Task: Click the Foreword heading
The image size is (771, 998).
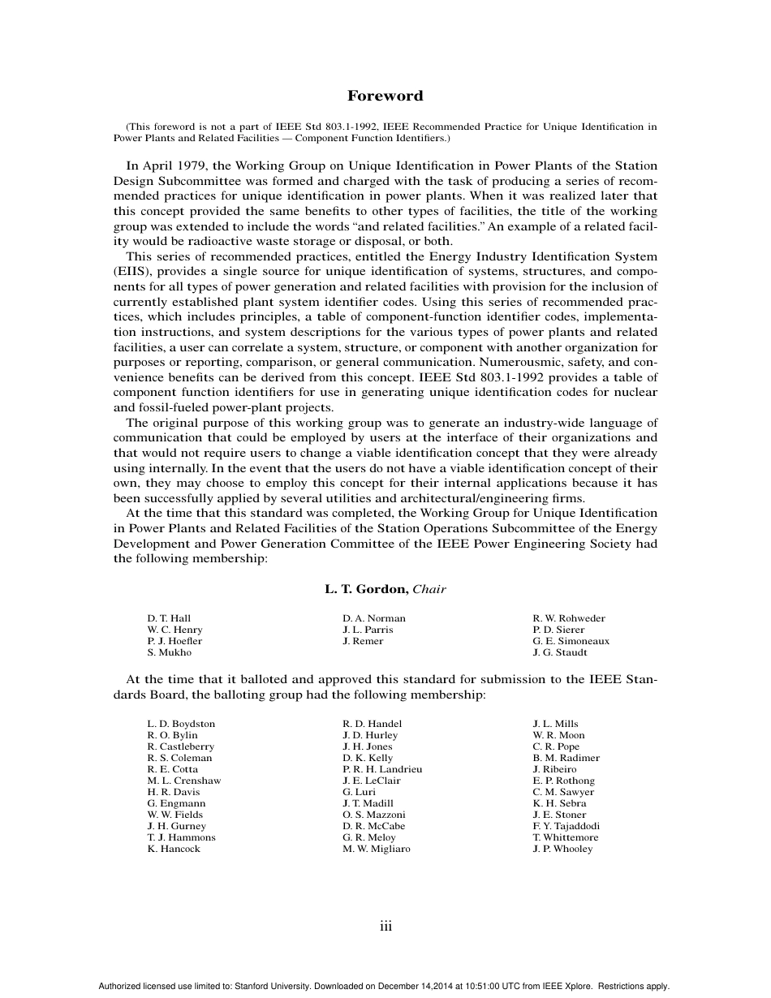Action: [x=385, y=96]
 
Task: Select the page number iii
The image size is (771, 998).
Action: [x=386, y=926]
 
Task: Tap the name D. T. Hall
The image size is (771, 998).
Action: [x=169, y=618]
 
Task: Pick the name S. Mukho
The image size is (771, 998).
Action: [x=170, y=652]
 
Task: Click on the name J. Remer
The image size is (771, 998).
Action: [x=363, y=641]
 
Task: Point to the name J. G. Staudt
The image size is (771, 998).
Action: [x=560, y=652]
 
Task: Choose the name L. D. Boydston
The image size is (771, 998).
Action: [x=181, y=724]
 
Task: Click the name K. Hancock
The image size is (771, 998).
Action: [x=174, y=849]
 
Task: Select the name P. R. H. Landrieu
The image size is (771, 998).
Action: [x=382, y=769]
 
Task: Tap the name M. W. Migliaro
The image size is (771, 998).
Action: [x=377, y=849]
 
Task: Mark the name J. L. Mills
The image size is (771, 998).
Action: [x=555, y=724]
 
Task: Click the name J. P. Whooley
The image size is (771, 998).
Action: [x=562, y=849]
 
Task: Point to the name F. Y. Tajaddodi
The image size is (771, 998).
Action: [x=566, y=826]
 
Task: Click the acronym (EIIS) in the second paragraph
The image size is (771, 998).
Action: [x=132, y=272]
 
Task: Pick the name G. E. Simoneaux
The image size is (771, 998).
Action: [x=571, y=641]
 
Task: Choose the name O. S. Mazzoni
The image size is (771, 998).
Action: [x=374, y=815]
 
